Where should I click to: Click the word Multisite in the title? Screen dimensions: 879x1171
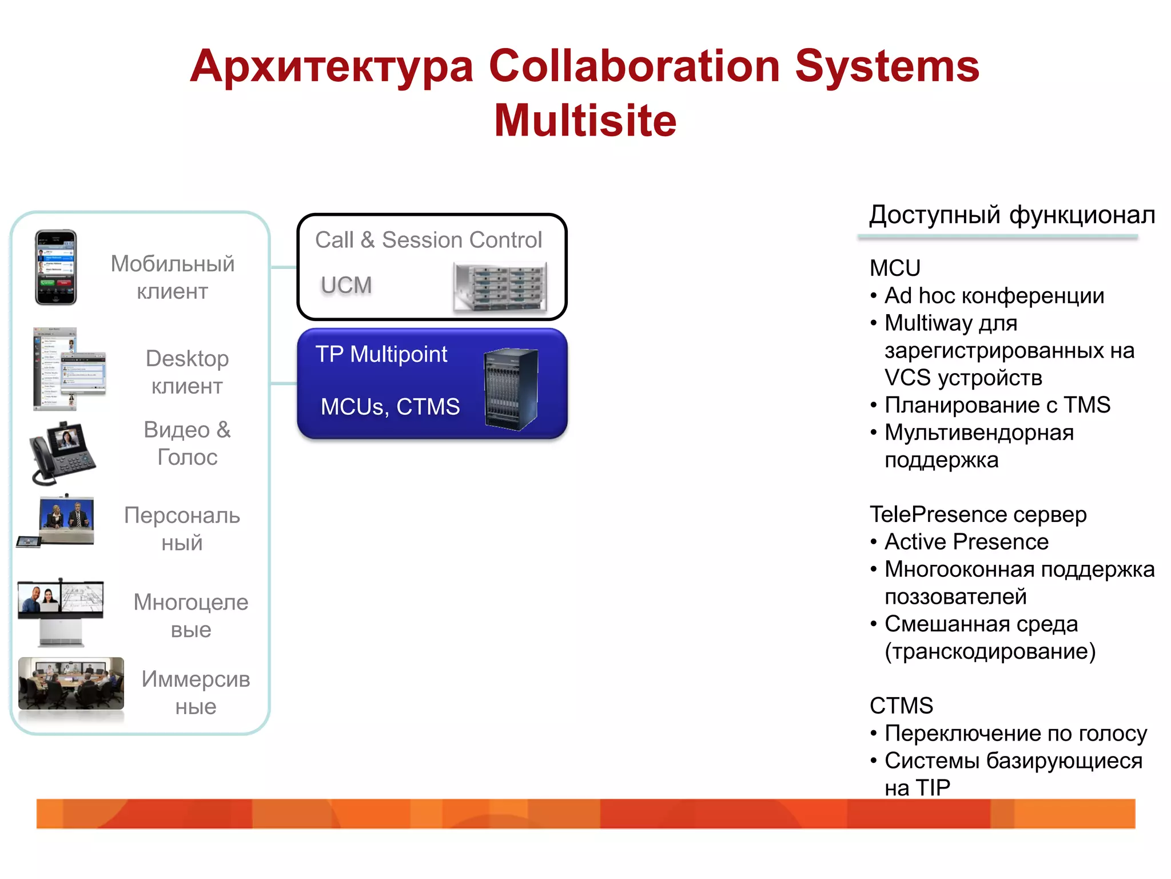click(585, 121)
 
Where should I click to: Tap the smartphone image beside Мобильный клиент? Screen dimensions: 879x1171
click(55, 267)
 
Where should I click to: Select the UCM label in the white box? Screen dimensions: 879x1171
click(346, 285)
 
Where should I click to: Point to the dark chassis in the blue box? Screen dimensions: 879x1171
click(511, 389)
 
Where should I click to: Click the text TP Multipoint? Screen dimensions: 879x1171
click(381, 354)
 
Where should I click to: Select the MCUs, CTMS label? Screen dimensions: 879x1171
click(390, 406)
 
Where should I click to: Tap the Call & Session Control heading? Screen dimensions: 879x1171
click(428, 240)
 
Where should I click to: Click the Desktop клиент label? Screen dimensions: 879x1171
click(187, 372)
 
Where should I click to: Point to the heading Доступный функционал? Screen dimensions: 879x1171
click(1011, 215)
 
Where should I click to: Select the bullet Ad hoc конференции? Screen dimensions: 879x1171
click(994, 296)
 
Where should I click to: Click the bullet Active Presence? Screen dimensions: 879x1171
click(966, 542)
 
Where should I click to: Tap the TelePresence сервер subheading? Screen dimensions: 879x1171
click(978, 514)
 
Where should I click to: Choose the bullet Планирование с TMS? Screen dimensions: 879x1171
click(997, 405)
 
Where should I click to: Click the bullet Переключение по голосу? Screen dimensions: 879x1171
click(1015, 734)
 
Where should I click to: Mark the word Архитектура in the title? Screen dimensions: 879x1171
click(332, 66)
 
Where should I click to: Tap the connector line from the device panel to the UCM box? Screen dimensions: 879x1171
click(284, 267)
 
